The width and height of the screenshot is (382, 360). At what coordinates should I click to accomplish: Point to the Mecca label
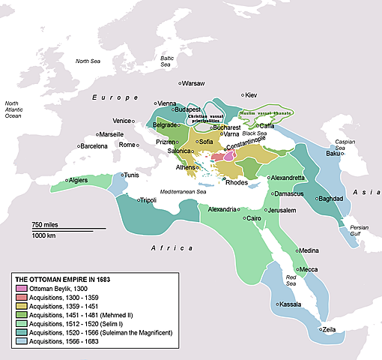click(x=309, y=269)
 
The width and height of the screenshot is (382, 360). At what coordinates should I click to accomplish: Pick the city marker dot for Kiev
click(x=243, y=95)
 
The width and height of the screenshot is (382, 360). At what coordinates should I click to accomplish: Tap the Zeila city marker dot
click(x=319, y=329)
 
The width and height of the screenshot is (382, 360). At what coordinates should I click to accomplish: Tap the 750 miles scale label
click(x=46, y=225)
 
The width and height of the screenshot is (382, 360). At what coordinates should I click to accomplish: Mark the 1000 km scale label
click(x=44, y=236)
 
